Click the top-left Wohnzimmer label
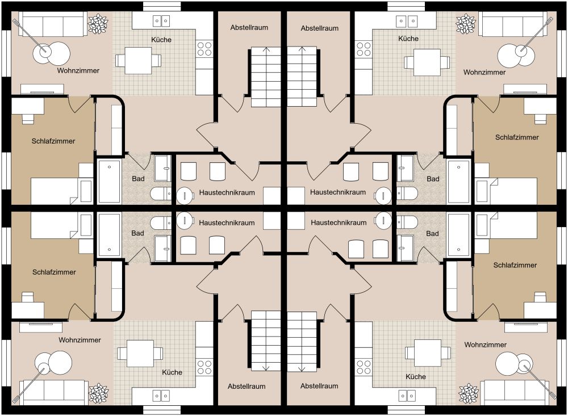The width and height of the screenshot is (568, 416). (78, 70)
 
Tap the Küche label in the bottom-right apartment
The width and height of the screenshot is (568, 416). (416, 376)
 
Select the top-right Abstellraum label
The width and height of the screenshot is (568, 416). (319, 28)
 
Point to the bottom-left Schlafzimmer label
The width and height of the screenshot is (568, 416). (54, 272)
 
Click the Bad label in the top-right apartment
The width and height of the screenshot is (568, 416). (433, 179)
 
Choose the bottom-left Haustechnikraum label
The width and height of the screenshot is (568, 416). (227, 222)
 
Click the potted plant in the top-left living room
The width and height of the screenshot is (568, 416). (98, 24)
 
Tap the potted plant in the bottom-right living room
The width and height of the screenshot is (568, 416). (469, 393)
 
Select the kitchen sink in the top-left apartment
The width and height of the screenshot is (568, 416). (161, 22)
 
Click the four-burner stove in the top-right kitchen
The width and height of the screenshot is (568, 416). (364, 49)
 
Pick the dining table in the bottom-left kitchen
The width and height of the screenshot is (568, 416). (140, 353)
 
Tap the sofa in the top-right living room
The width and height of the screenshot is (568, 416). (513, 24)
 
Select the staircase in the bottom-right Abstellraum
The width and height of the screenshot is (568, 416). (302, 342)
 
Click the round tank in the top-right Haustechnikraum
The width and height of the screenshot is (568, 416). (383, 196)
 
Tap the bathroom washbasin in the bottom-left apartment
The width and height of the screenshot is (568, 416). (162, 249)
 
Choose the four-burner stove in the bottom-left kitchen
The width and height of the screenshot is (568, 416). (204, 367)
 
